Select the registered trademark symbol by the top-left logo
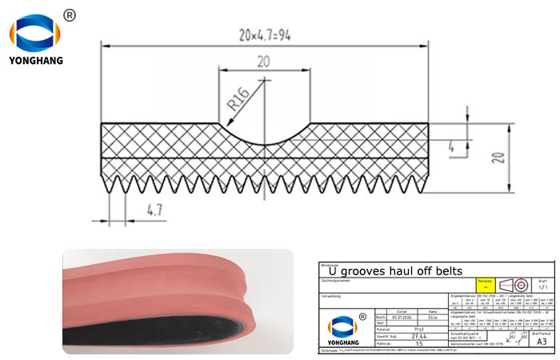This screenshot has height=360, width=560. pos(69,16)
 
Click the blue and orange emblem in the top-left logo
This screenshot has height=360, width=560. pos(36,33)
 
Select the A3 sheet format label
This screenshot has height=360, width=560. pos(541,340)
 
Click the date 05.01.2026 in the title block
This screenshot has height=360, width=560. pos(402,316)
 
